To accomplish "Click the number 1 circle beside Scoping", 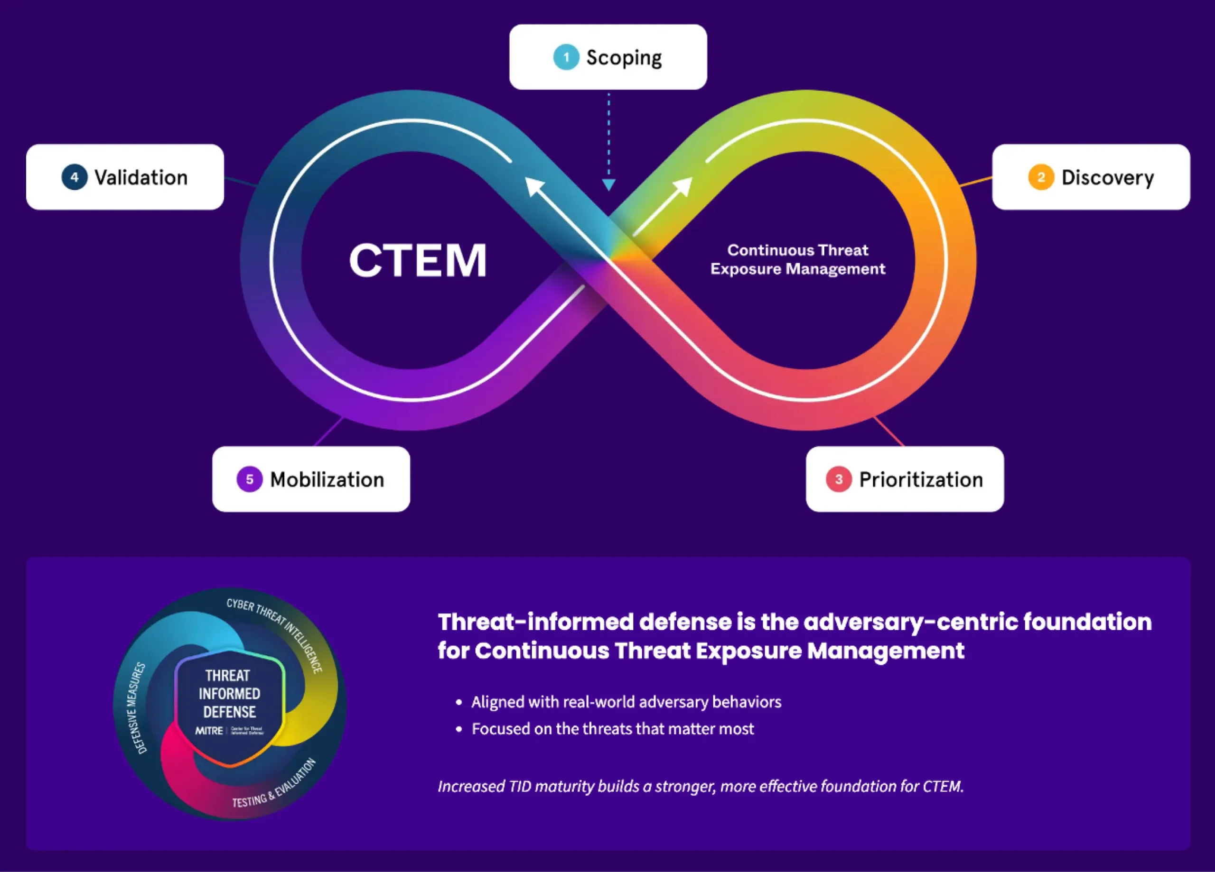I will point(566,57).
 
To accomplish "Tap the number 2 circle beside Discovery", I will point(1041,177).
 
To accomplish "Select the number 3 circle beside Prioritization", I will point(838,479).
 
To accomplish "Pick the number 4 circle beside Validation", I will point(75,177).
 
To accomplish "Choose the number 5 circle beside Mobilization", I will point(250,479).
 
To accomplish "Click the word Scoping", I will point(624,58).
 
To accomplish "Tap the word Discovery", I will point(1107,178).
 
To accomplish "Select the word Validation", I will point(141,178).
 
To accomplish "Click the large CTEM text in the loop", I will point(418,261).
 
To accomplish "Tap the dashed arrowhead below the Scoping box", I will point(608,184).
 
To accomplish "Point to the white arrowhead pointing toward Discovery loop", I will point(683,186).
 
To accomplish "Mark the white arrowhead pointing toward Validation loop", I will point(533,186).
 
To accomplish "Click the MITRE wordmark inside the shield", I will point(209,731).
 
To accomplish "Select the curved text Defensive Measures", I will point(136,707).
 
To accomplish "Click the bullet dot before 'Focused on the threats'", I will point(458,729).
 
